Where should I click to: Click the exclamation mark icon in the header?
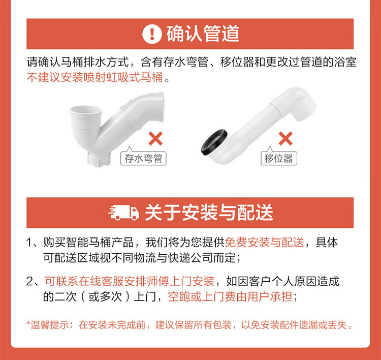[x=152, y=34]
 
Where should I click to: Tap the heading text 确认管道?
[x=203, y=34]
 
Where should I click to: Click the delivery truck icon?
[x=123, y=213]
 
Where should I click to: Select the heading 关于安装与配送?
[x=209, y=213]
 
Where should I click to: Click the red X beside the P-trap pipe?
[x=155, y=138]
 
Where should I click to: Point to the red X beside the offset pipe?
[x=285, y=138]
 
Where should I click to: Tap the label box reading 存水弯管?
[x=143, y=158]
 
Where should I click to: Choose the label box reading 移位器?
[x=279, y=158]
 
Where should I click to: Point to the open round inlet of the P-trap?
[x=85, y=111]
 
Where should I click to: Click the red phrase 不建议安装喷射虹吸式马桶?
[x=95, y=78]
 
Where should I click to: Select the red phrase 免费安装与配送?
[x=264, y=242]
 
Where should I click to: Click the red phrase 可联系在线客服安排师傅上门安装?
[x=130, y=281]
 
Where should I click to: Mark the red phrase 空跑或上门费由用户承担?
[x=230, y=296]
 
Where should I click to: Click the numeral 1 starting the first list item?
[x=29, y=243]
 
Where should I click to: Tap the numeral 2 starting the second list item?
[x=29, y=282]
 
